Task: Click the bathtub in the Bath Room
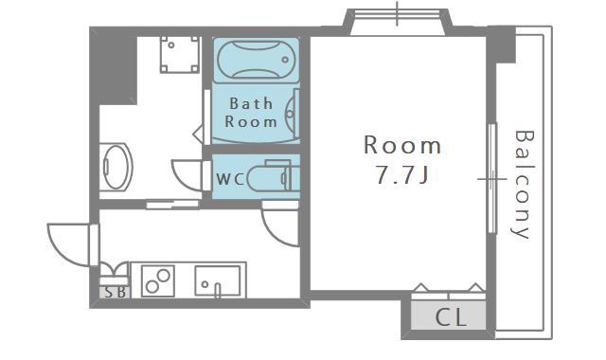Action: (x=257, y=60)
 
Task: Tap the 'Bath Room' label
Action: (x=251, y=113)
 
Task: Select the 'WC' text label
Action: (x=230, y=179)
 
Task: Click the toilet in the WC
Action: (x=274, y=177)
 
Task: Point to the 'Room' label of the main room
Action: (x=402, y=145)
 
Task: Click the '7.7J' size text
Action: (x=402, y=174)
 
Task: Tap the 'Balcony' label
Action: (x=525, y=185)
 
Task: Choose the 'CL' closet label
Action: (x=451, y=317)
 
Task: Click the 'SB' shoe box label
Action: (x=116, y=293)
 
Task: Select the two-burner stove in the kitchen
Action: (x=158, y=280)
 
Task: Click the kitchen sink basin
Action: (x=217, y=280)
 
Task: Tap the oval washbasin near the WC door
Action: (x=116, y=167)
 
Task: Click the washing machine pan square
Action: (x=180, y=55)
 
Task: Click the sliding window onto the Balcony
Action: (x=491, y=178)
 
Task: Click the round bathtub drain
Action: (x=285, y=60)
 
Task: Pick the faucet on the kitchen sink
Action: (x=217, y=290)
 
